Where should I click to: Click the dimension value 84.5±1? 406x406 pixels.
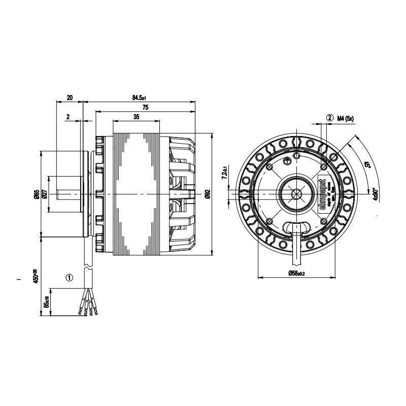[139, 97]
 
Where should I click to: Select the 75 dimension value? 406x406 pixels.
[146, 108]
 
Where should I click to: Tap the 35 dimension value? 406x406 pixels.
[136, 117]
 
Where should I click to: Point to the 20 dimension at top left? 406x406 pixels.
[70, 97]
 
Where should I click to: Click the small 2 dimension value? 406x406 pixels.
[68, 117]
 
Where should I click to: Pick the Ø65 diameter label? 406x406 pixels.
[37, 194]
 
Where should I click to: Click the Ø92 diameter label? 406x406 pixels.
[208, 194]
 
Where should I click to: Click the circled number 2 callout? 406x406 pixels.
[330, 118]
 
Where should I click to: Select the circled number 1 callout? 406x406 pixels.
[70, 278]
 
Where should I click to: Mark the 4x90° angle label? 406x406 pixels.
[375, 195]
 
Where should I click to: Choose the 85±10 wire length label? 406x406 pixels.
[45, 302]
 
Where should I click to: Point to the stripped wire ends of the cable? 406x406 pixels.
[86, 307]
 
